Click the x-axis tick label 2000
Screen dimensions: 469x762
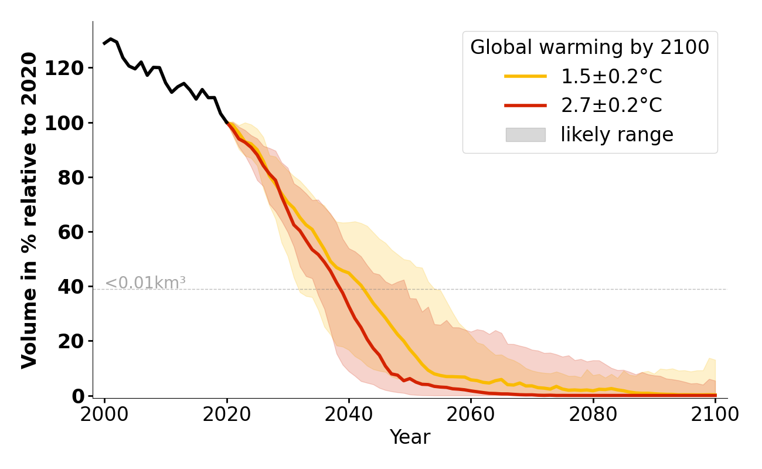coord(105,414)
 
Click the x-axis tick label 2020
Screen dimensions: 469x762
coord(227,414)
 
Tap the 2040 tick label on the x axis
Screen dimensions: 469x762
coord(349,414)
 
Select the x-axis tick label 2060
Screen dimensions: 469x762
coord(471,414)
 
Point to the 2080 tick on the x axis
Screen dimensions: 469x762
coord(593,414)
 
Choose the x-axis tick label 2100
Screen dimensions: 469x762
coord(715,414)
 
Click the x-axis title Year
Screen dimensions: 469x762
coord(410,437)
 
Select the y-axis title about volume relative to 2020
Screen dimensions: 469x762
coord(29,210)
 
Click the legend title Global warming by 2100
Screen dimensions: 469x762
coord(590,47)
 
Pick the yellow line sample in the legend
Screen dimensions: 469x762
coord(525,76)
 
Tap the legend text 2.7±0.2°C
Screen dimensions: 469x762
coord(611,106)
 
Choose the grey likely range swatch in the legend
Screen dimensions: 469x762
coord(525,135)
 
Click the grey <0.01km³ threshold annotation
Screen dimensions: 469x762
coord(145,283)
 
